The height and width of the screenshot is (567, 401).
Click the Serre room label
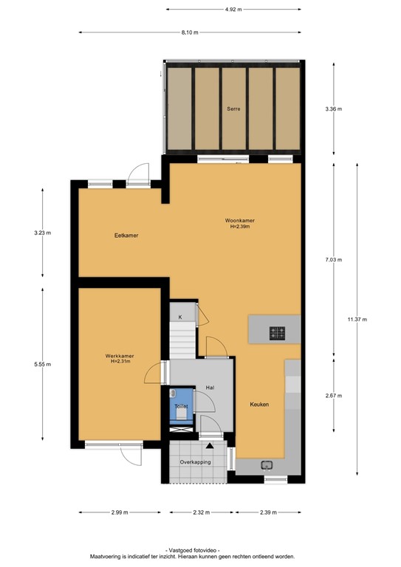(233, 109)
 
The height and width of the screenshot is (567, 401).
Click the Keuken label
(258, 405)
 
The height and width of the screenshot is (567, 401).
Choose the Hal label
(210, 387)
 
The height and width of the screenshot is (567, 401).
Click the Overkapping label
(195, 462)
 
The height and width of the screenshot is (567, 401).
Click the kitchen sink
(267, 465)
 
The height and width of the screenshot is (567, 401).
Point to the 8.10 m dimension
(191, 32)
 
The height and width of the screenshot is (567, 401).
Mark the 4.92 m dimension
(233, 9)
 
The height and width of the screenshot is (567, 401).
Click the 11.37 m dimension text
(357, 319)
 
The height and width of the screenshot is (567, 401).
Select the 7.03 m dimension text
(334, 259)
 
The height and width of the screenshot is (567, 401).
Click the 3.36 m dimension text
(334, 109)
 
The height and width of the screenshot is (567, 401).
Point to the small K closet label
(180, 317)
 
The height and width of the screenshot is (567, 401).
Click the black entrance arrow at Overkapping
(210, 447)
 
